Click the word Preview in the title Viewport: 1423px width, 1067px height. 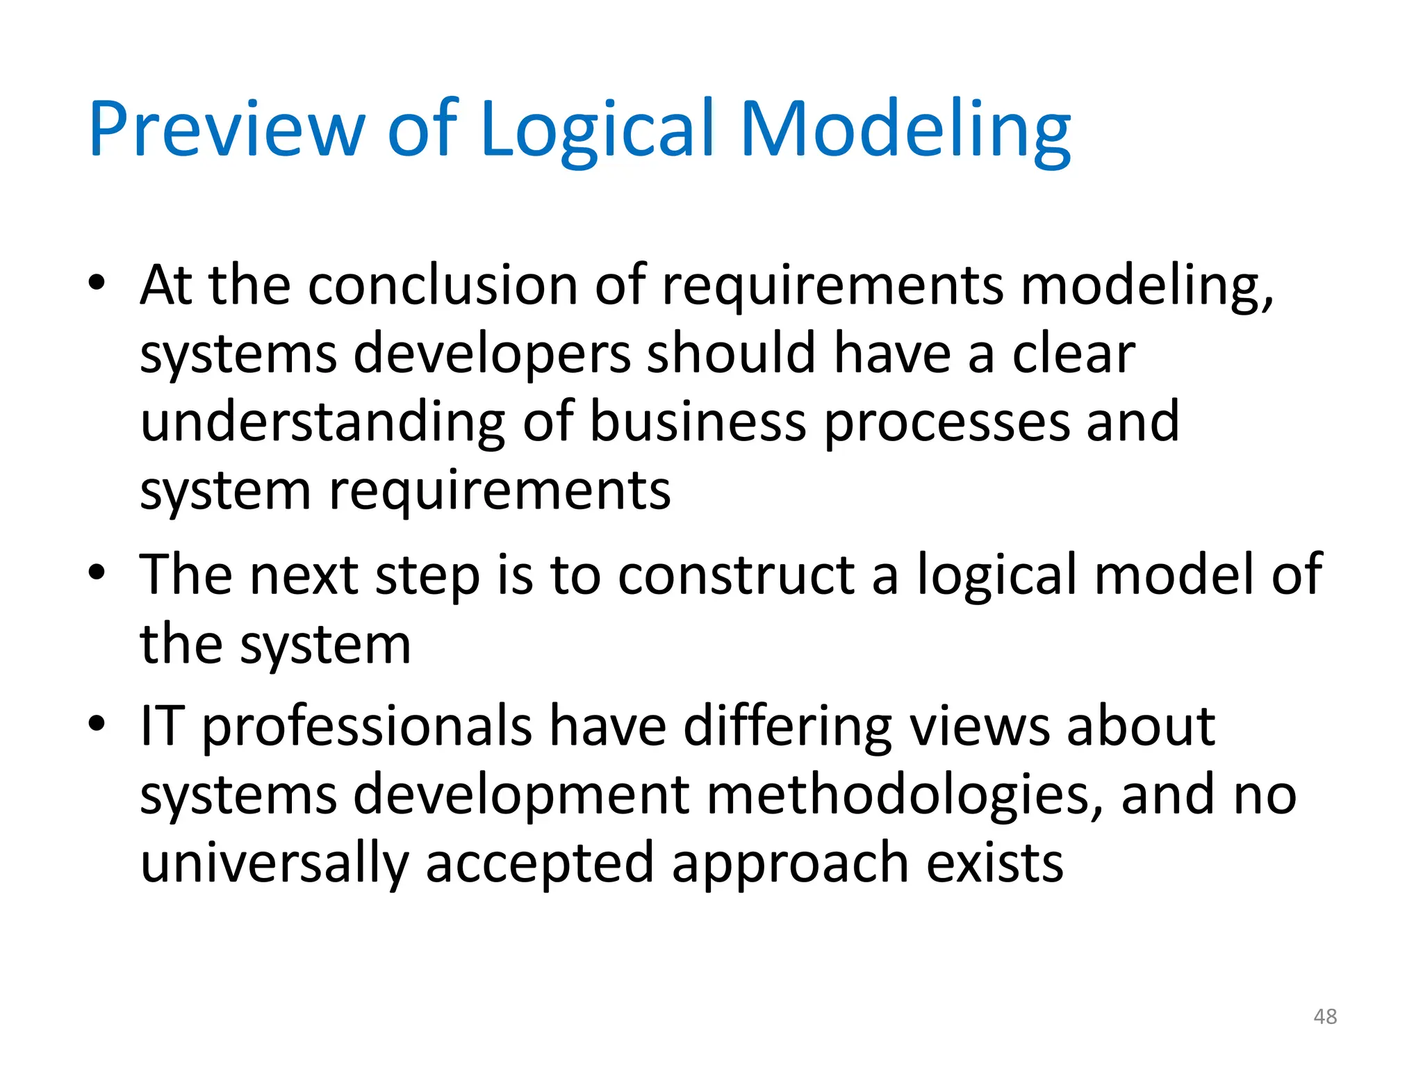[x=227, y=130]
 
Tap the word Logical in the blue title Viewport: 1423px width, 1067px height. [x=597, y=130]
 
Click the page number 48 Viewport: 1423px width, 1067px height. [x=1325, y=1016]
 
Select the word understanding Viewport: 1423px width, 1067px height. [x=322, y=422]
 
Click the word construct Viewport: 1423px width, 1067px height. [x=737, y=575]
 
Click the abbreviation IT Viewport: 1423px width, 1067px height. [x=163, y=726]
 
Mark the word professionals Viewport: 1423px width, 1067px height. [x=367, y=727]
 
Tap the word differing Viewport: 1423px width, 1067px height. [x=788, y=727]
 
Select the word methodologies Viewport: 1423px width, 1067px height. [x=905, y=795]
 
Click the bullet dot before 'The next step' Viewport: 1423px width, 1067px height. [x=97, y=572]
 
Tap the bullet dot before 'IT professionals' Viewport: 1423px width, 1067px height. [x=97, y=724]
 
